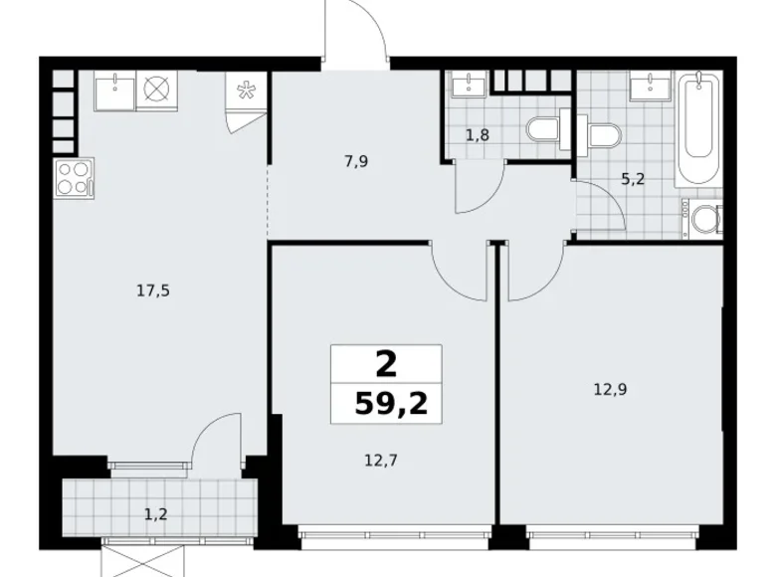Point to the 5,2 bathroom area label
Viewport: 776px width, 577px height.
[632, 180]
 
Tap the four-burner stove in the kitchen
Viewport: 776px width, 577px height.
[73, 180]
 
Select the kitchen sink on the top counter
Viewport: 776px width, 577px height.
[114, 91]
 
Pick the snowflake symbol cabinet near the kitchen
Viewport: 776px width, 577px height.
[244, 96]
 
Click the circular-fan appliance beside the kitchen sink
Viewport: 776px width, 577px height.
[155, 90]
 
